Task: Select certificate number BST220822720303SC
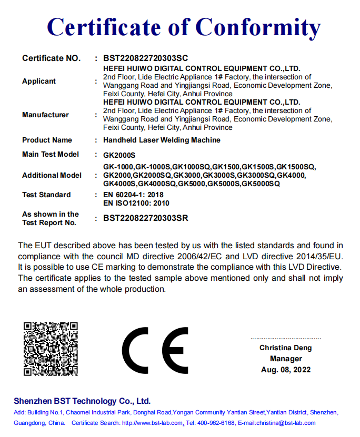(145, 58)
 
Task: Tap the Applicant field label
(39, 81)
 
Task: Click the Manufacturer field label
(45, 115)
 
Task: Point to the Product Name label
(47, 140)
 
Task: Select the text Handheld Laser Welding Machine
(162, 140)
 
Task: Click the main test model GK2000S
(119, 155)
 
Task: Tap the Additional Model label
(52, 175)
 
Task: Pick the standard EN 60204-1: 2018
(133, 195)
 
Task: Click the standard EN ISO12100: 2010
(136, 203)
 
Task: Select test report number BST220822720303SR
(145, 218)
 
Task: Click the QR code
(51, 348)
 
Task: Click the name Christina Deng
(285, 348)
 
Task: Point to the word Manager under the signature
(286, 359)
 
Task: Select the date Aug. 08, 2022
(286, 370)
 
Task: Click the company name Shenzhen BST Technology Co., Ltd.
(82, 401)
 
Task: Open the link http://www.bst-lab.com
(152, 423)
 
